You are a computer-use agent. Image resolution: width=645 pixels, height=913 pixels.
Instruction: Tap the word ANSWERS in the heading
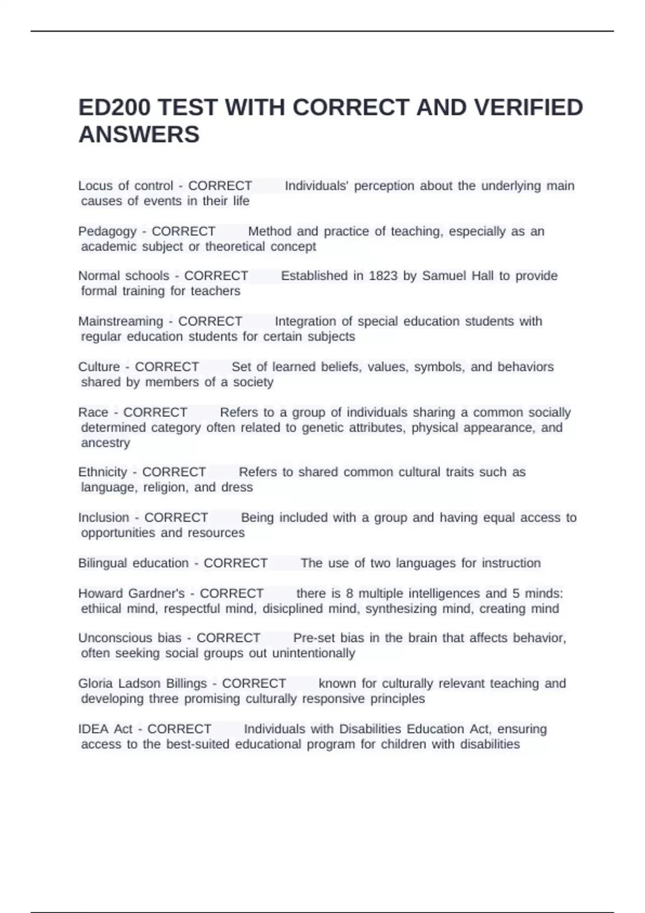tap(139, 134)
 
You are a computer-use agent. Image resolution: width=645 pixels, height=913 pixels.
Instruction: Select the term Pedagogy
tap(107, 231)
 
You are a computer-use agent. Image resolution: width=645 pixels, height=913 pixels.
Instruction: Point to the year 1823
tap(383, 276)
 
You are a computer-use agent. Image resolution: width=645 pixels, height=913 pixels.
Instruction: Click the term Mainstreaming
tap(120, 321)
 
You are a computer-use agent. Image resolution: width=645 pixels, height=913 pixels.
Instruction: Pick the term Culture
tap(99, 367)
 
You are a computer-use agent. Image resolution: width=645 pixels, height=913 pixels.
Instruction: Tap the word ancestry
tap(105, 443)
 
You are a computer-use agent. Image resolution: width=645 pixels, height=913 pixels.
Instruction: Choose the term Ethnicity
tap(102, 472)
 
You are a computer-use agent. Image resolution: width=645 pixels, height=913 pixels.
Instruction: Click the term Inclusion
tap(104, 518)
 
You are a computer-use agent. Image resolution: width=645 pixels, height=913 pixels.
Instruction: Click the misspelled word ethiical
tap(102, 609)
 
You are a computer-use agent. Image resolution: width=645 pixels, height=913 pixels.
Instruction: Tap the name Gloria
tap(95, 684)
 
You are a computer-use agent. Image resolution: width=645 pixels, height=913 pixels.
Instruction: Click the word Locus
tap(96, 186)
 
